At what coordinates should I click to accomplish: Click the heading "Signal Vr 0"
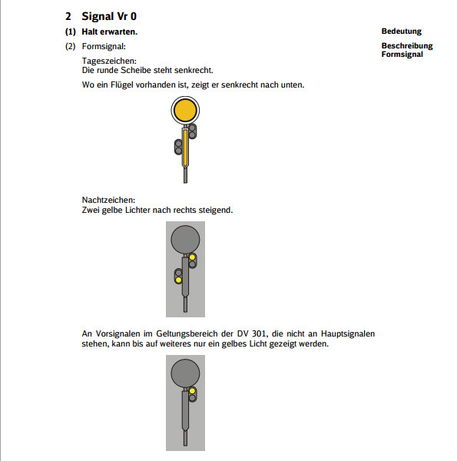109,16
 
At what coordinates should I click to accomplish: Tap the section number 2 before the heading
68,16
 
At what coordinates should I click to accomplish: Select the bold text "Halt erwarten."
110,32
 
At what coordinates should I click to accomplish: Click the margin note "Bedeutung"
402,32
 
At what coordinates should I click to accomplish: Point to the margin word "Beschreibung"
407,46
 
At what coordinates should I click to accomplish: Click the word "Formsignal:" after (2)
104,46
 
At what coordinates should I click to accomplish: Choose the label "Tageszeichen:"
109,61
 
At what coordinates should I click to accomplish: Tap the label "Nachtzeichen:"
108,200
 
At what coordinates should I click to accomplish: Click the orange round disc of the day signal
185,110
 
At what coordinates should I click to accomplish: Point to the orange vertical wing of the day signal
185,148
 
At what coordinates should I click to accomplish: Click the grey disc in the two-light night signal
185,239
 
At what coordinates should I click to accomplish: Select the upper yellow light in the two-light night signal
192,257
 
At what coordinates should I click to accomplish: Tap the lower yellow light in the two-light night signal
179,280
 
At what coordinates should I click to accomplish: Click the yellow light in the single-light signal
192,391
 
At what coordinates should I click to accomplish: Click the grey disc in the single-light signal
185,373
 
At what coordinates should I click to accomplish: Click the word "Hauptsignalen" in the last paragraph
348,334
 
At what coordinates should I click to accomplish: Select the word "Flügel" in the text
122,85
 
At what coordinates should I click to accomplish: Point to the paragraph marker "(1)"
71,32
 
